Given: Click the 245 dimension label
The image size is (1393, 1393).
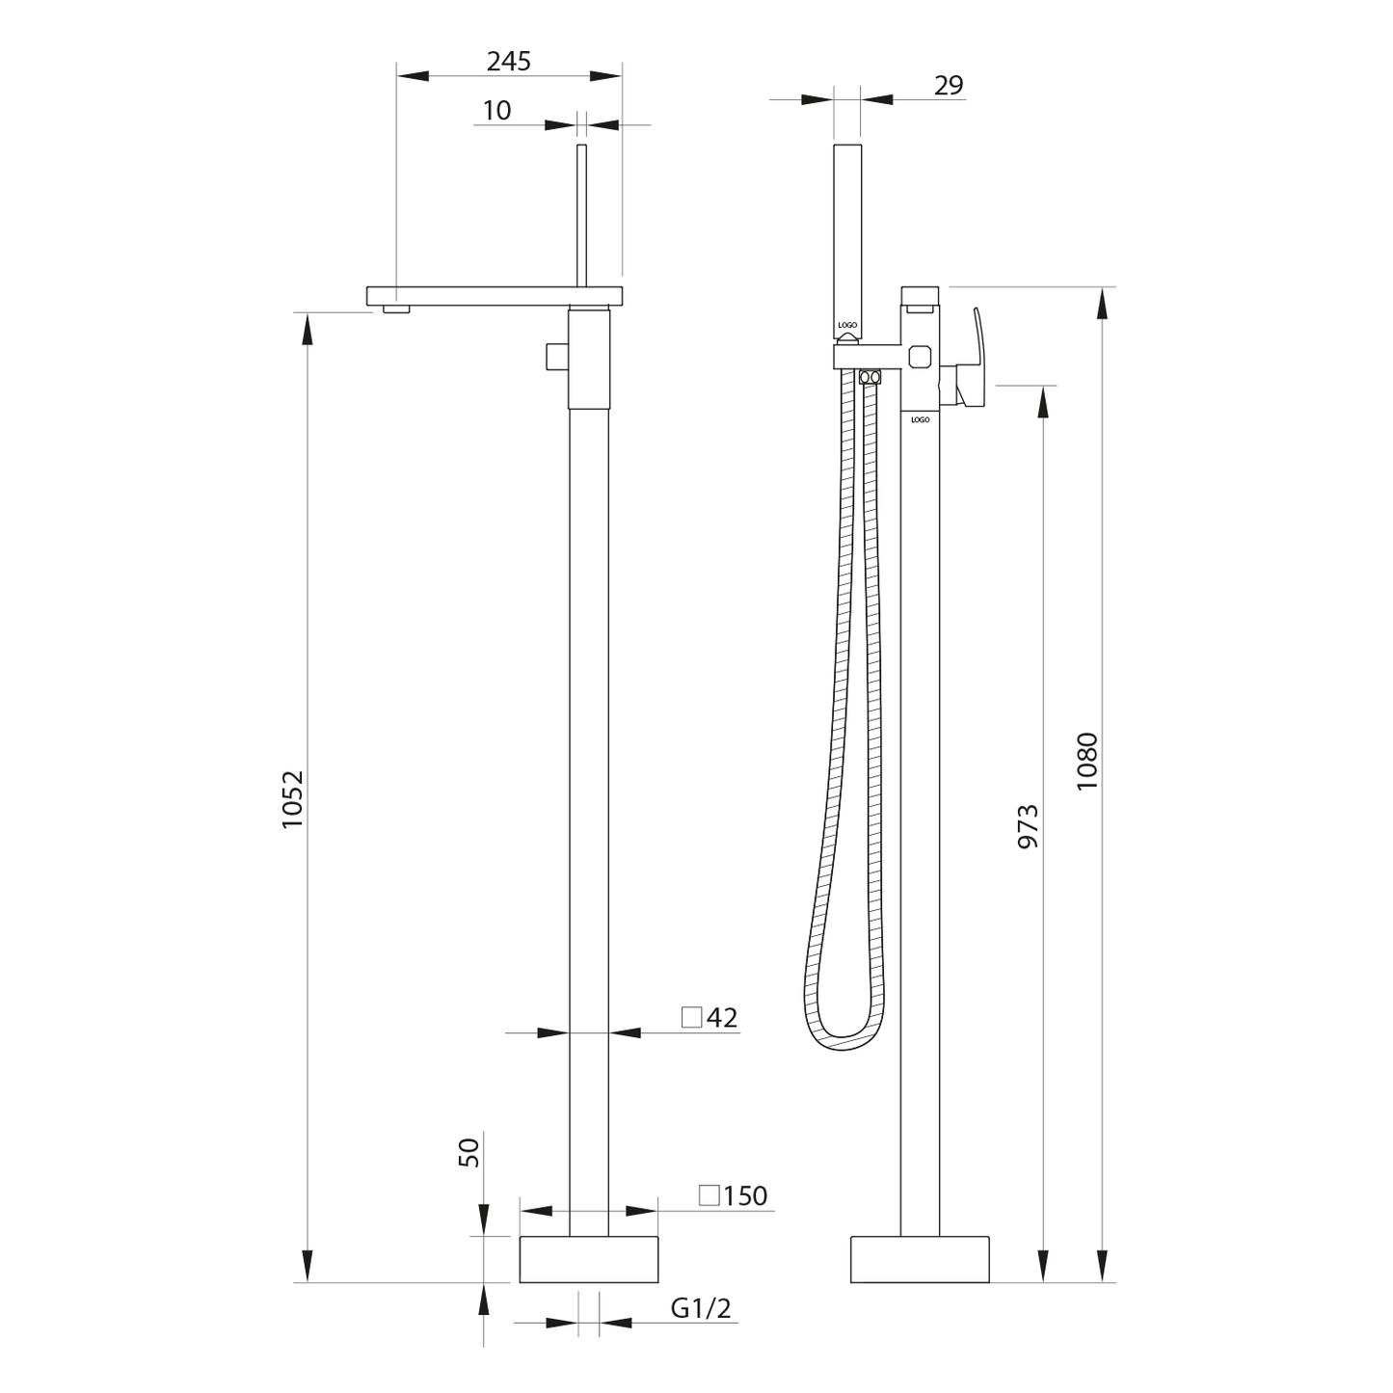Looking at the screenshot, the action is pyautogui.click(x=508, y=62).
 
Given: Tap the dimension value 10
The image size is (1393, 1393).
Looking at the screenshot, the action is pyautogui.click(x=496, y=111).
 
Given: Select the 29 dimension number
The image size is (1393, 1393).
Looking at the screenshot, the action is pyautogui.click(x=949, y=85).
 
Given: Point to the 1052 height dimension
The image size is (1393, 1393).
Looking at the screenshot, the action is pyautogui.click(x=293, y=799).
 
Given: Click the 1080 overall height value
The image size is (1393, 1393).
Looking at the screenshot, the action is pyautogui.click(x=1086, y=762).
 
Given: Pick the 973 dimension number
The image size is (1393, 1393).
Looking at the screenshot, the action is pyautogui.click(x=1028, y=826).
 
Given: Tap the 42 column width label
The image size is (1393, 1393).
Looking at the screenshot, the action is pyautogui.click(x=721, y=1018).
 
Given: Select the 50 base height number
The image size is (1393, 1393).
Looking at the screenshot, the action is pyautogui.click(x=469, y=1152).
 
